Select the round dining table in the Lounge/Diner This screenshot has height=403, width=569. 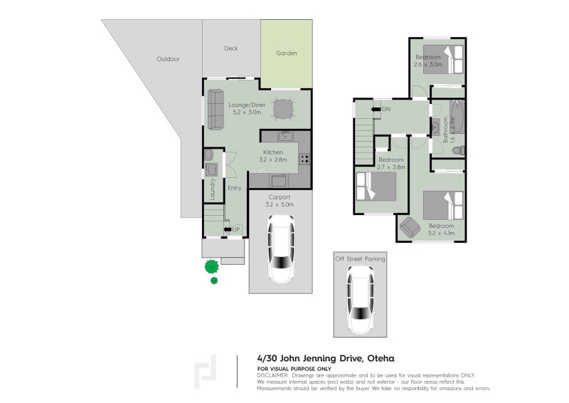pyautogui.click(x=284, y=109)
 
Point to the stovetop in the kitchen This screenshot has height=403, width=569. pyautogui.click(x=304, y=159)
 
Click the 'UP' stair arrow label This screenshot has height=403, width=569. pyautogui.click(x=235, y=229)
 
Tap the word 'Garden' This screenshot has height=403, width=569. pyautogui.click(x=287, y=53)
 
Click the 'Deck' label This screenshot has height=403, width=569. pyautogui.click(x=231, y=48)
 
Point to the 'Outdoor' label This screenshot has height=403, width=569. pyautogui.click(x=168, y=59)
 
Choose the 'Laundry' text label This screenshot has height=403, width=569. pyautogui.click(x=212, y=189)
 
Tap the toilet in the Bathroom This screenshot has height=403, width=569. pyautogui.click(x=459, y=150)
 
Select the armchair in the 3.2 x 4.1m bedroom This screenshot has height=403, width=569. pyautogui.click(x=410, y=228)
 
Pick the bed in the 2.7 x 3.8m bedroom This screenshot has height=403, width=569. pyautogui.click(x=375, y=186)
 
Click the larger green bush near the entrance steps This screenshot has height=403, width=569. pyautogui.click(x=211, y=267)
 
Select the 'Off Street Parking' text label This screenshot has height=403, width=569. pyautogui.click(x=360, y=259)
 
